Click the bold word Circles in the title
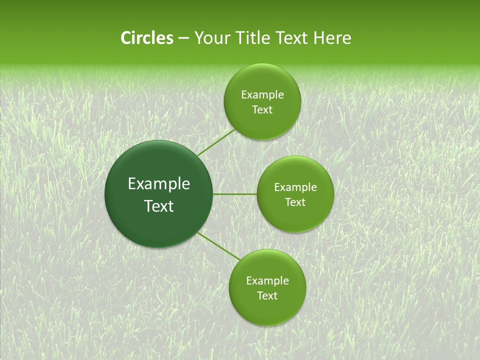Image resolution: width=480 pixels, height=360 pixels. coord(146,38)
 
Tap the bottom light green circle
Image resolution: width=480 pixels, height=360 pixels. coord(267,310)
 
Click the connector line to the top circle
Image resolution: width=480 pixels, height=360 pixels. coord(215,142)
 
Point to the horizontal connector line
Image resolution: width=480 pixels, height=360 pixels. coord(235,194)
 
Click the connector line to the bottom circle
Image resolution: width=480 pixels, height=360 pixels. coord(218,246)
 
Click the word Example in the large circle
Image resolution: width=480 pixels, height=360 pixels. coord(159,184)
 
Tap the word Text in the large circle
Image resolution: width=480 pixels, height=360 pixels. coord(159,206)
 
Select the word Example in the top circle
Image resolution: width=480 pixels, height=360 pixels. coord(262,95)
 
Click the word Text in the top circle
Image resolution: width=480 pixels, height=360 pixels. coord(262,110)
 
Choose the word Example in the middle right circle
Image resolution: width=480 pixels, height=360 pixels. coord(295,187)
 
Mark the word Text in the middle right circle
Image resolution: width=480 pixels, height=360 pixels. coord(295,202)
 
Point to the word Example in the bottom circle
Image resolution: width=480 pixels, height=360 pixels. coord(267,281)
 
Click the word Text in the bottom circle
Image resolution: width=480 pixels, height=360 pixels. coord(267,296)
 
